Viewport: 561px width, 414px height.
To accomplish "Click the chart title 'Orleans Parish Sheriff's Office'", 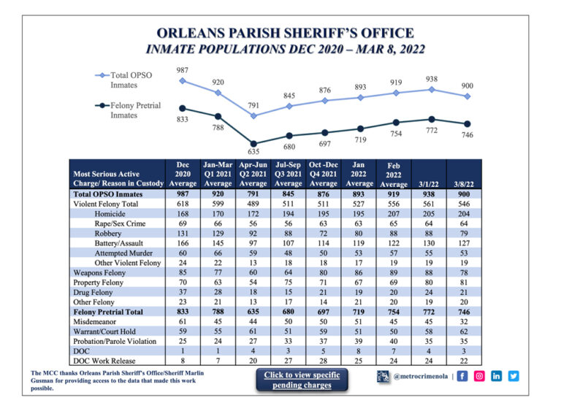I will point(286,34).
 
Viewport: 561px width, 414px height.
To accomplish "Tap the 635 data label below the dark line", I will point(253,153).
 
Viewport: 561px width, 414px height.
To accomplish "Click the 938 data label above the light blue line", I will point(431,78).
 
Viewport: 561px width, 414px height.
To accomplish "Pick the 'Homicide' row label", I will point(110,213).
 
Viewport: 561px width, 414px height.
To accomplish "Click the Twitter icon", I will point(514,376).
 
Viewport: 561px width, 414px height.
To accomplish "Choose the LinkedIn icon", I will point(497,376).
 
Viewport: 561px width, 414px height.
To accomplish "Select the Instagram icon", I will point(480,376).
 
